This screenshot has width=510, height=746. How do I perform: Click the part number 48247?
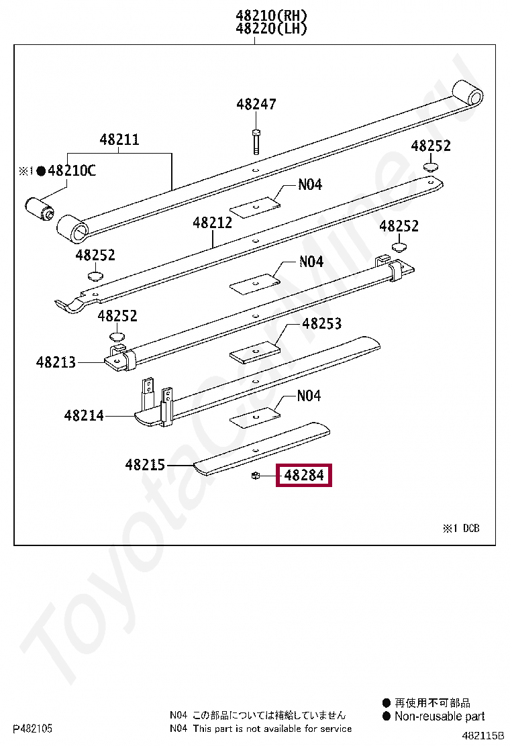(x=256, y=104)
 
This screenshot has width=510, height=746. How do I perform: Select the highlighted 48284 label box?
(x=304, y=475)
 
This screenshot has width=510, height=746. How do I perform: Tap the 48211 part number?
(x=119, y=140)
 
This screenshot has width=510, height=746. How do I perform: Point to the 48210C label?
(x=72, y=170)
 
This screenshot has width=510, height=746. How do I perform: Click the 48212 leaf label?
(x=212, y=223)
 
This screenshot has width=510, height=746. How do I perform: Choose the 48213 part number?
(x=56, y=362)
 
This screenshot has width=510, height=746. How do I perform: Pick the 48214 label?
(x=84, y=416)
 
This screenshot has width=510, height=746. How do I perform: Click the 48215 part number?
(x=145, y=464)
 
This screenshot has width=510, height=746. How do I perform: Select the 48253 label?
(x=322, y=323)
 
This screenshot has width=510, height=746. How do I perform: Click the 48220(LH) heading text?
(x=272, y=29)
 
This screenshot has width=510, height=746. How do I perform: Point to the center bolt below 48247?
(x=256, y=142)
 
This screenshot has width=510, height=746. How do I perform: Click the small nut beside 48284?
(x=256, y=475)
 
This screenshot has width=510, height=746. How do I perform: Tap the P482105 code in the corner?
(x=32, y=729)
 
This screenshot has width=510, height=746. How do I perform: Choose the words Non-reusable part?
(x=440, y=716)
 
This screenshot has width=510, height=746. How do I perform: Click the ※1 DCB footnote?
(x=462, y=528)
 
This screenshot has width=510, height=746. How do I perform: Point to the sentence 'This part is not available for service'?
(x=272, y=729)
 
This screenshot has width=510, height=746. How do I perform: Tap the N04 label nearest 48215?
(x=309, y=396)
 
